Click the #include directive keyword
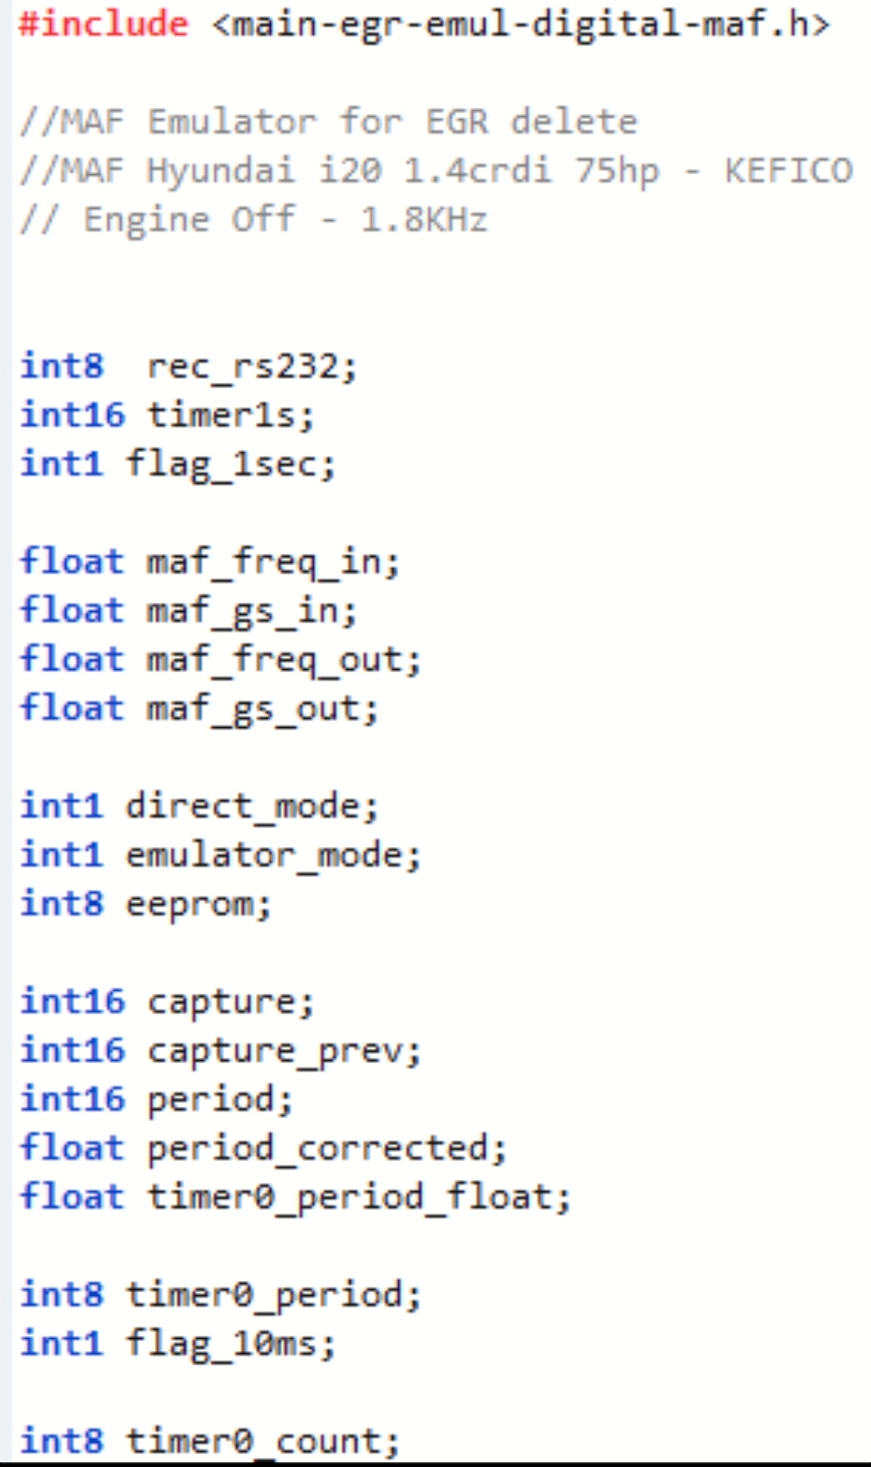click(x=103, y=24)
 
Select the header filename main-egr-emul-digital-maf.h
click(x=521, y=24)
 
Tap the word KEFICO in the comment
click(x=788, y=171)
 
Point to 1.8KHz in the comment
click(x=424, y=219)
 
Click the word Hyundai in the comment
click(x=220, y=171)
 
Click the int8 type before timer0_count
click(x=62, y=1441)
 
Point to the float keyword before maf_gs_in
click(x=73, y=611)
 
